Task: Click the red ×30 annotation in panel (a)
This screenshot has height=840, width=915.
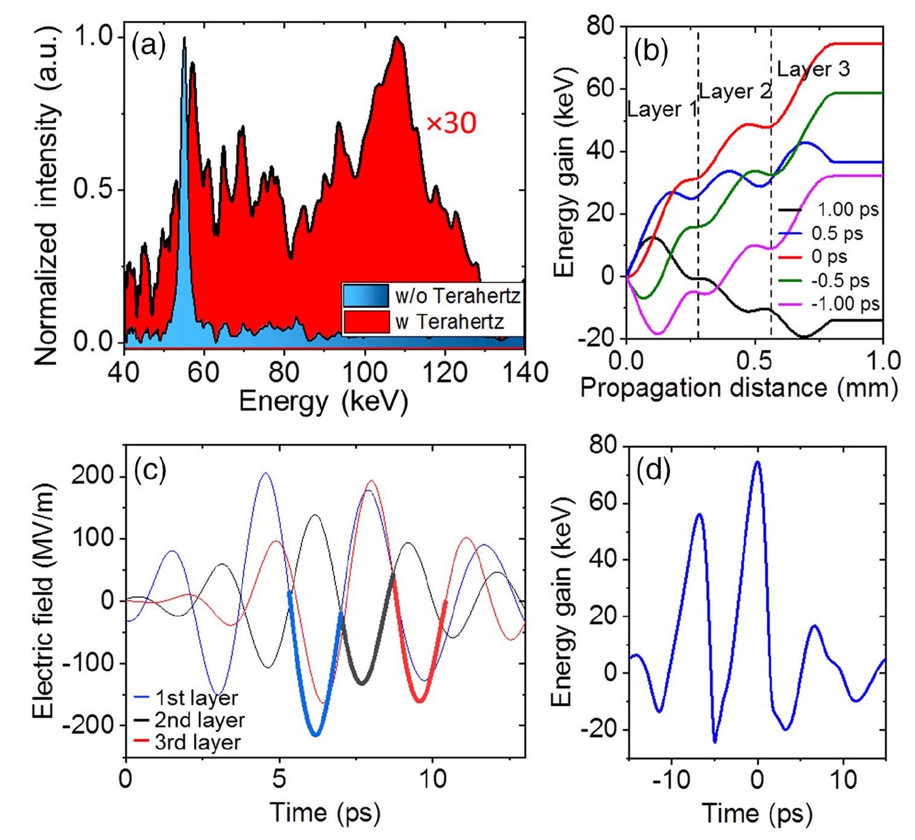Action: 451,123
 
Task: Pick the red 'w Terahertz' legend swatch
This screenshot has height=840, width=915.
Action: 366,321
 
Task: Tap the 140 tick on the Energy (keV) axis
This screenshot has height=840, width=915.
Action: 524,372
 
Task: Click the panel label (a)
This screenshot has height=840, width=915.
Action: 148,45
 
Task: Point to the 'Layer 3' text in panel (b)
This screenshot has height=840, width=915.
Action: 813,69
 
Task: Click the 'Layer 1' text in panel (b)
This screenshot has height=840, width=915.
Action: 662,110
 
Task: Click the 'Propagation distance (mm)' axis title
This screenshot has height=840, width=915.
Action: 738,388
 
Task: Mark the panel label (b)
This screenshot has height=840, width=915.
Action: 651,51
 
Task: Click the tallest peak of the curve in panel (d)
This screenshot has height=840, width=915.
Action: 757,461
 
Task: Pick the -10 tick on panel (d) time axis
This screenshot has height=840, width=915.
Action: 671,780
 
